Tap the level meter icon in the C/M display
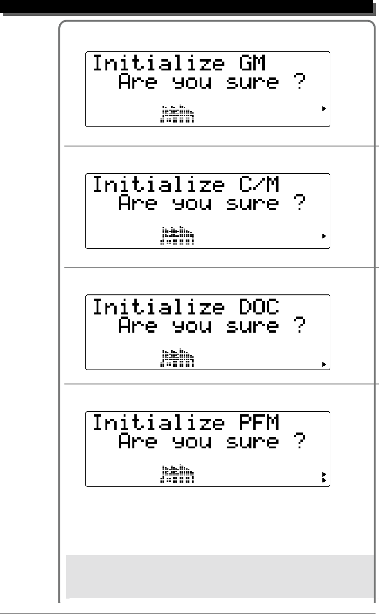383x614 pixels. [x=177, y=236]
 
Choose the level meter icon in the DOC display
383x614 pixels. [x=177, y=357]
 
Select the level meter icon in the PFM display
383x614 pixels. [x=177, y=474]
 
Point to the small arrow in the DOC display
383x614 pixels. [x=324, y=364]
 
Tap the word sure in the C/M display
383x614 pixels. [x=252, y=204]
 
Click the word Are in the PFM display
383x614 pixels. [x=138, y=442]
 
